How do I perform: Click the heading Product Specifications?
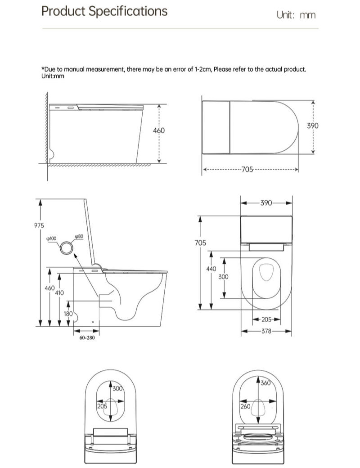104,11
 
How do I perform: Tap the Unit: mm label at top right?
296,15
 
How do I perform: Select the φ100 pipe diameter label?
51,238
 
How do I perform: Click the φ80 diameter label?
79,236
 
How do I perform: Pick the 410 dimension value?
59,292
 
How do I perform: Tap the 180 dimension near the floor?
68,314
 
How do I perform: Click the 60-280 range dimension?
87,337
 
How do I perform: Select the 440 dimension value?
211,269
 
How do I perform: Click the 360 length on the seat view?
266,383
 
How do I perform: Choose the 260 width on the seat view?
245,406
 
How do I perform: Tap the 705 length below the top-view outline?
247,170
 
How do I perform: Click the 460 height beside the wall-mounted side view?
159,130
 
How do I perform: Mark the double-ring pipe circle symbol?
67,246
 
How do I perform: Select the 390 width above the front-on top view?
266,203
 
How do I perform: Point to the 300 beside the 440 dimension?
223,277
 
